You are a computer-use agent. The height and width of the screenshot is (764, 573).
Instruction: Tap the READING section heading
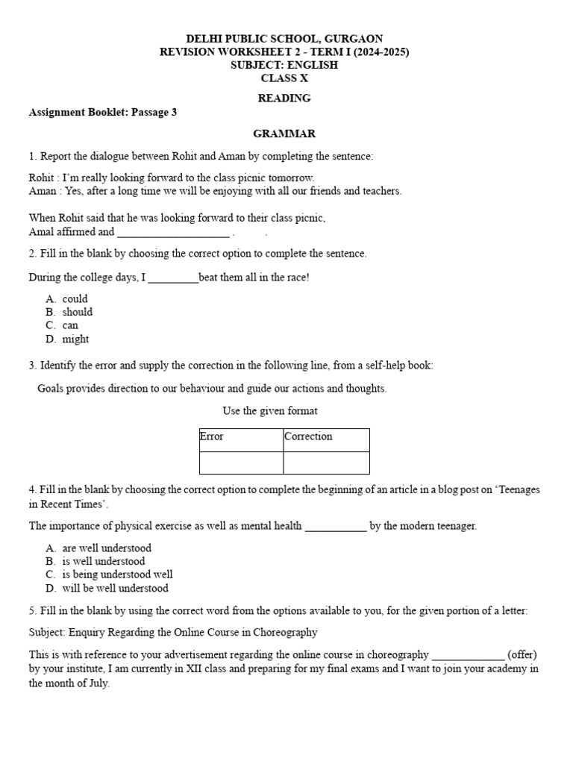pyautogui.click(x=284, y=98)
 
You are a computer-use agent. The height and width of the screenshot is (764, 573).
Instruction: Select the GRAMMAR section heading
pyautogui.click(x=284, y=134)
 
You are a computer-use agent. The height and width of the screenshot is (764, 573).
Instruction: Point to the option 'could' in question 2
pyautogui.click(x=75, y=298)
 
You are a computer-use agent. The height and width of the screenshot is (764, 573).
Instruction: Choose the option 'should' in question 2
pyautogui.click(x=78, y=312)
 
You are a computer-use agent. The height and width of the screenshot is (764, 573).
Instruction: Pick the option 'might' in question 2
pyautogui.click(x=75, y=339)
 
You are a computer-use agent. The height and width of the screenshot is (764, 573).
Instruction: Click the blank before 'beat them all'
pyautogui.click(x=173, y=278)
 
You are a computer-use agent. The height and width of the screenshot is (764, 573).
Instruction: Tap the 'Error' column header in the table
pyautogui.click(x=212, y=436)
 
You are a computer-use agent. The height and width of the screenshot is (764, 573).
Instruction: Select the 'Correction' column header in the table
pyautogui.click(x=308, y=436)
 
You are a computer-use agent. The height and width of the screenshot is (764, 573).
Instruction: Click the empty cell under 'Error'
pyautogui.click(x=241, y=463)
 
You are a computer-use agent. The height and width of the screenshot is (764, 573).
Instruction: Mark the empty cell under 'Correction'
pyautogui.click(x=326, y=463)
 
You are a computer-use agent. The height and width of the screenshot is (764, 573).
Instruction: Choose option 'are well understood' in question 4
pyautogui.click(x=107, y=548)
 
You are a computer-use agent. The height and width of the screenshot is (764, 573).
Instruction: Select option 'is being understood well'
pyautogui.click(x=117, y=574)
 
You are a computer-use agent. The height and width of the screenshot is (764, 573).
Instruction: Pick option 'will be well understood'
pyautogui.click(x=115, y=588)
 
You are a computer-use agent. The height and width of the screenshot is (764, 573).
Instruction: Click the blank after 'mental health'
pyautogui.click(x=336, y=526)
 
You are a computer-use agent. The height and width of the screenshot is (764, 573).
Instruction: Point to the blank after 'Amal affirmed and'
pyautogui.click(x=173, y=232)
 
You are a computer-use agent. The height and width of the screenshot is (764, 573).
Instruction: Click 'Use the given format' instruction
pyautogui.click(x=270, y=411)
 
